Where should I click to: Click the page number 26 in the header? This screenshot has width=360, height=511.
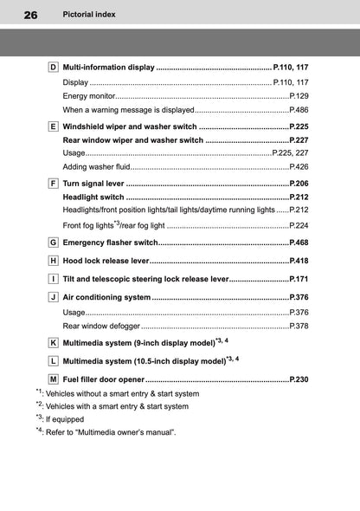pos(31,15)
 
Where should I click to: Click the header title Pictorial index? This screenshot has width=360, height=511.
pos(89,15)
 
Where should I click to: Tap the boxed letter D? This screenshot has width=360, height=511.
pos(53,67)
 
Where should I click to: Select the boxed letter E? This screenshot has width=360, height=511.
pos(53,126)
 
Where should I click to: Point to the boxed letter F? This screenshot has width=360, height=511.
pos(53,184)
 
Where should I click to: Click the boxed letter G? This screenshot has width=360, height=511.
pos(53,243)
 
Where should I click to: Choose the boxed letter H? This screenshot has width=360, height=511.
pos(53,261)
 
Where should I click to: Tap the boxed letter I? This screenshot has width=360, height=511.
pos(53,280)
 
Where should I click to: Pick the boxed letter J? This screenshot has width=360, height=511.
pos(53,298)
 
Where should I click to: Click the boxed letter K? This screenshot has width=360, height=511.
pos(53,343)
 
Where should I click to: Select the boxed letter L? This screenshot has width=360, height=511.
pos(53,361)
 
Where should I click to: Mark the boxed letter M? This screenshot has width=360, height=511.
pos(53,379)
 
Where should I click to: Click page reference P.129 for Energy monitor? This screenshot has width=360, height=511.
pos(299,96)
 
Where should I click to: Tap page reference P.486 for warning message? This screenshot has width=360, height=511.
pos(299,111)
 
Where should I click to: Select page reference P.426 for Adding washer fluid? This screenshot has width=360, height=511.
pos(299,166)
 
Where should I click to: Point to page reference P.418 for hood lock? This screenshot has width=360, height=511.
pos(299,261)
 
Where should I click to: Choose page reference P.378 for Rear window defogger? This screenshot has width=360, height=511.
pos(299,327)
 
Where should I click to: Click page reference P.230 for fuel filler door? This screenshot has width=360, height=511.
pos(299,379)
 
